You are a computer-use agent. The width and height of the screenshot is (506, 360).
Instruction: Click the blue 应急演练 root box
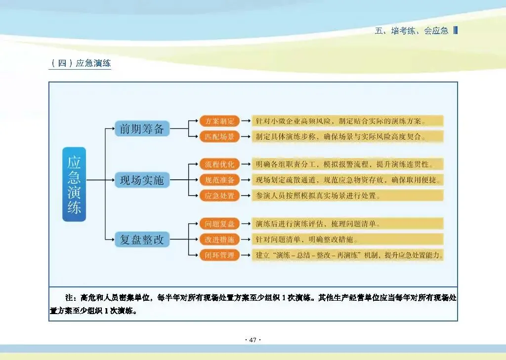74,184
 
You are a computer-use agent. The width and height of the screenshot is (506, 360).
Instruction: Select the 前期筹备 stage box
142,129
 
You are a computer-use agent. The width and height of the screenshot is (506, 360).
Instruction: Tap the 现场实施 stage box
142,180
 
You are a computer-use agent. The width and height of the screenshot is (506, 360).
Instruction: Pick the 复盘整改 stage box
142,240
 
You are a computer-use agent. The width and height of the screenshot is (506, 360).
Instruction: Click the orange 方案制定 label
219,121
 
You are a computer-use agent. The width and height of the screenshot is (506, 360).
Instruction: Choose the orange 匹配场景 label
219,136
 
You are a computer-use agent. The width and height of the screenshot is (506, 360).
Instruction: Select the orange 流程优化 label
219,164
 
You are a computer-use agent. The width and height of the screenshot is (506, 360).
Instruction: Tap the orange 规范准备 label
219,180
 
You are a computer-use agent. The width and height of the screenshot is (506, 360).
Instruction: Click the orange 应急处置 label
219,196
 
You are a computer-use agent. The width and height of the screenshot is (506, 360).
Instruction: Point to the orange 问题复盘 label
219,224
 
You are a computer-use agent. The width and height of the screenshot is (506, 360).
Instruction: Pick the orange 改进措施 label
219,240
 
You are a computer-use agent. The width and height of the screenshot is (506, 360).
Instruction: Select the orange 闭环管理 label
219,255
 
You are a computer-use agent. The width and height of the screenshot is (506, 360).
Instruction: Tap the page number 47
253,340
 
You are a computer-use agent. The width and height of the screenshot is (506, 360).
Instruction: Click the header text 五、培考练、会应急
412,31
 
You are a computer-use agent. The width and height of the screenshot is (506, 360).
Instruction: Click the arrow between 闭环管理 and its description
245,255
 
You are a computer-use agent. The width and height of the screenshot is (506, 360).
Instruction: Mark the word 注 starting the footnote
69,298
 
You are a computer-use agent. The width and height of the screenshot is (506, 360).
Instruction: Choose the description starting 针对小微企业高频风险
341,121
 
